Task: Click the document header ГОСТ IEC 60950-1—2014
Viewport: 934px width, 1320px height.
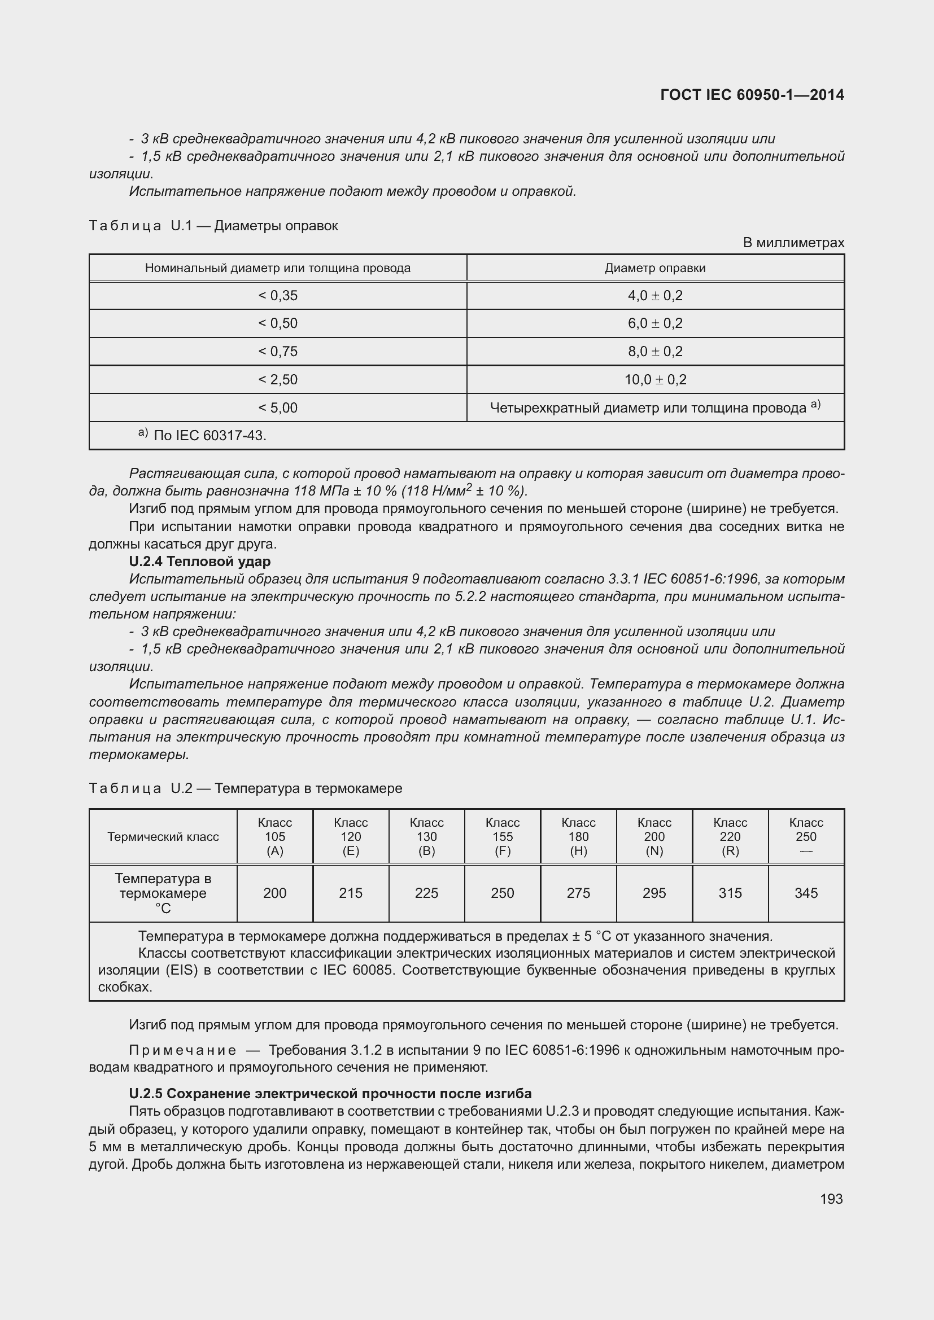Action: click(x=752, y=95)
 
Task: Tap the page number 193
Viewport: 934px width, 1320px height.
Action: click(x=831, y=1199)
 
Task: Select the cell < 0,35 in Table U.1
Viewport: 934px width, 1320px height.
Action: click(x=278, y=296)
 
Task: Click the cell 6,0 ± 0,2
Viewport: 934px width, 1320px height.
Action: click(x=655, y=323)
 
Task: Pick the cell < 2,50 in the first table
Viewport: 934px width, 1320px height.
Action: click(x=278, y=379)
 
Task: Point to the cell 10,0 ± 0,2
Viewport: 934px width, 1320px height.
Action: click(x=655, y=379)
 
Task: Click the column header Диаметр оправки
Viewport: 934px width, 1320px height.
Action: click(x=655, y=268)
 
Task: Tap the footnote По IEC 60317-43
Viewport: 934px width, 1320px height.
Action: click(x=210, y=435)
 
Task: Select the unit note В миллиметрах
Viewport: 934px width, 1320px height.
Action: click(x=793, y=243)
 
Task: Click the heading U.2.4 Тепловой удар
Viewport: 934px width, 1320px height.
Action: click(x=199, y=561)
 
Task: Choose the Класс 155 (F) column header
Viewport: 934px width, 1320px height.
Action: click(x=502, y=836)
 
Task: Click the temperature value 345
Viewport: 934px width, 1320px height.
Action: click(x=806, y=893)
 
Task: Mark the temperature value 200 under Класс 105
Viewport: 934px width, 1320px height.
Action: click(x=275, y=893)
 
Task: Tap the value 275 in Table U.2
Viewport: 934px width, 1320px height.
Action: click(x=578, y=893)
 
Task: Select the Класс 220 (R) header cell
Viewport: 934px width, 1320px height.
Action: click(x=730, y=836)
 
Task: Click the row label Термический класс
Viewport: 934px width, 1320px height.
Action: click(x=163, y=836)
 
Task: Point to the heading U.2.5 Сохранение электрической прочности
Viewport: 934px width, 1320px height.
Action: click(x=330, y=1093)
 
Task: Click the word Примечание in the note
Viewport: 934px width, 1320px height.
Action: click(x=182, y=1050)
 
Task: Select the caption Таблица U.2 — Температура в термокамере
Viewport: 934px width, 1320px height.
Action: click(x=246, y=788)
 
